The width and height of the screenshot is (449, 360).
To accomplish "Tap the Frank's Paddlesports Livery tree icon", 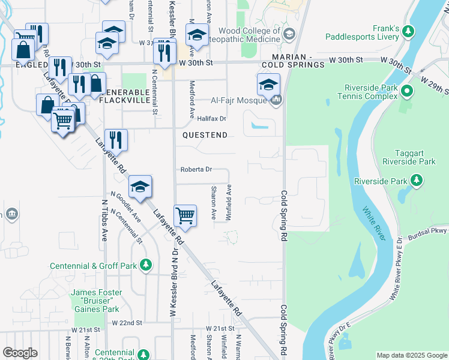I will click(408, 31).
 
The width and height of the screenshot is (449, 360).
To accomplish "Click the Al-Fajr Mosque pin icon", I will click(276, 100).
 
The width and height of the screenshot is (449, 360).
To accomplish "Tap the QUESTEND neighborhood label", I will click(205, 135).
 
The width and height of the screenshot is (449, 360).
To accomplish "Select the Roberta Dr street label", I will click(196, 170).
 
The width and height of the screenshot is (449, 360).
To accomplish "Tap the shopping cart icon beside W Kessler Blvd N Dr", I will click(185, 215).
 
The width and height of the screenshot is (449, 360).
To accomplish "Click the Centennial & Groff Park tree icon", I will click(145, 265).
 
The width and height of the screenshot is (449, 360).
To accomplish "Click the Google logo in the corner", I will click(20, 353).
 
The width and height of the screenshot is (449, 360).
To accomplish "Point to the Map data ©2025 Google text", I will click(411, 355).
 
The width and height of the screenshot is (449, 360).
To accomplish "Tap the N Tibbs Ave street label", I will click(104, 224).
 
